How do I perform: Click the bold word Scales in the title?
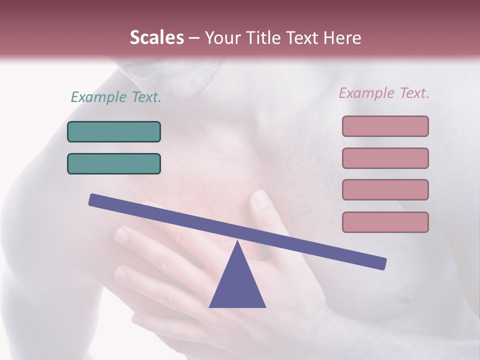click(x=156, y=37)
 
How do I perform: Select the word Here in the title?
click(x=342, y=37)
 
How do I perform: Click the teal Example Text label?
click(x=116, y=97)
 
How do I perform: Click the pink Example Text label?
click(x=384, y=93)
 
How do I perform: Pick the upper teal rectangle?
click(x=114, y=131)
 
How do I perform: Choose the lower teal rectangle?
click(x=114, y=163)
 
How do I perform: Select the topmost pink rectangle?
click(x=385, y=126)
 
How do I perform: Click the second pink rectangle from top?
click(x=385, y=158)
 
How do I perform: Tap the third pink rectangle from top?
click(x=385, y=189)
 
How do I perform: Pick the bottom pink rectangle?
click(x=385, y=222)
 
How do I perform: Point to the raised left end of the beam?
click(x=93, y=199)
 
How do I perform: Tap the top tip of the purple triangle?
click(x=237, y=241)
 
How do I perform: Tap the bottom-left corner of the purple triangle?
click(x=210, y=306)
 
